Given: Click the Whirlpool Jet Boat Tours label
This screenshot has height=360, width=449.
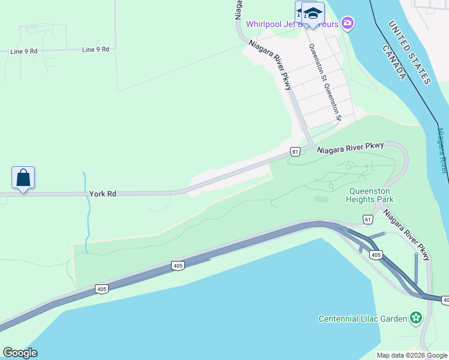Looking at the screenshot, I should tap(292, 24).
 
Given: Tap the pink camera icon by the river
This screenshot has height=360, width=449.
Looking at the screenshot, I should tap(347, 23).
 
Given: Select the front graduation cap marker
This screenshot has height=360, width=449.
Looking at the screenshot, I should tap(313, 13).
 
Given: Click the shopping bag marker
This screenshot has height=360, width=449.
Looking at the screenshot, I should tap(23, 178).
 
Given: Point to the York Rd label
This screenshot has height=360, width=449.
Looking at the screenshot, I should tap(102, 194).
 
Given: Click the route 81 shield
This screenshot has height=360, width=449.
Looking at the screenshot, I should tap(295, 152).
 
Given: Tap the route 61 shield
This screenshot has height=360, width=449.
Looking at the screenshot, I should tap(367, 220).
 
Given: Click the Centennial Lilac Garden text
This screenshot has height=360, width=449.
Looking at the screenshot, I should tap(363, 318).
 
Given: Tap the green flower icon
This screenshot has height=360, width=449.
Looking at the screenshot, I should tap(415, 318).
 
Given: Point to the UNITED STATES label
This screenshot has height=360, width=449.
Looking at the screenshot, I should tap(410, 52).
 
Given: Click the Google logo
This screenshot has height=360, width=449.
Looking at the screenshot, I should tap(20, 353).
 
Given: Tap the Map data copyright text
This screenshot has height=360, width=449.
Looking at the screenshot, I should tap(412, 355).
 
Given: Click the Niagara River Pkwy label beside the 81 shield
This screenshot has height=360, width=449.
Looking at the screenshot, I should tap(351, 148).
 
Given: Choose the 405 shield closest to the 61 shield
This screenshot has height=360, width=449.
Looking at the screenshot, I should tap(376, 255).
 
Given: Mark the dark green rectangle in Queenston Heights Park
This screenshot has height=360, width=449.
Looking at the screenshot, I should tap(321, 199).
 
